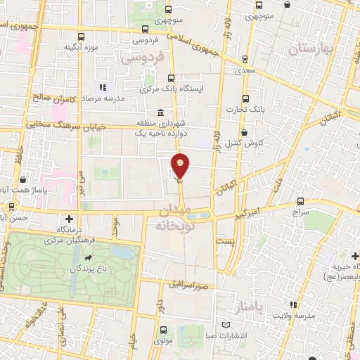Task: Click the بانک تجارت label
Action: [x=244, y=109]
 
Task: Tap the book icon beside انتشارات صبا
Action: [x=226, y=324]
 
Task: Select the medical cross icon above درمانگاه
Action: [x=68, y=219]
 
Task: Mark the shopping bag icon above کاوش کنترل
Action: [x=244, y=131]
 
